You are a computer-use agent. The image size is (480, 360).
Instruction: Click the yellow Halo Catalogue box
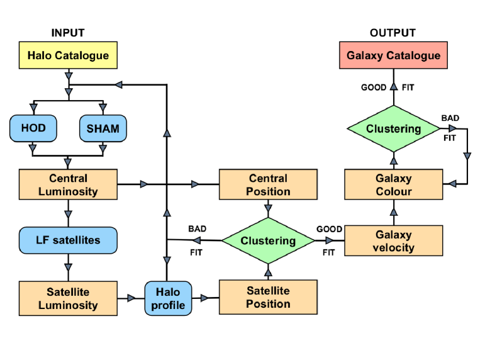tap(68, 55)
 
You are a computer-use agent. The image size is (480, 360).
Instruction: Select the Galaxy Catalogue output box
tap(393, 55)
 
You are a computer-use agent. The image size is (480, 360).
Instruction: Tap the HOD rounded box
tap(33, 128)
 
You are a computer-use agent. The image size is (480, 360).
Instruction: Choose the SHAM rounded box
tap(103, 128)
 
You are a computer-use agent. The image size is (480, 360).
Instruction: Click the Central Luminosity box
tap(68, 184)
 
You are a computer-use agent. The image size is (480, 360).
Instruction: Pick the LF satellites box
tap(68, 240)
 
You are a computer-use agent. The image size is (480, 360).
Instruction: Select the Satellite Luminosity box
tap(68, 298)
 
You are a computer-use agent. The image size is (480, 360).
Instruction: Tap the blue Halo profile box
tap(168, 298)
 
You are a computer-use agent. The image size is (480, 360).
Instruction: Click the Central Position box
tap(268, 184)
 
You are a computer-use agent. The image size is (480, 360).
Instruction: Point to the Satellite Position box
tap(268, 297)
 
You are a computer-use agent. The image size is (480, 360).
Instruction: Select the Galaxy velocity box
tap(393, 240)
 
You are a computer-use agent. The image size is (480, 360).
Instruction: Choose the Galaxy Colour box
tap(393, 184)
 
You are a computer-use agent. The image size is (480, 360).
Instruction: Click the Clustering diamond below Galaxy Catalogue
tap(393, 128)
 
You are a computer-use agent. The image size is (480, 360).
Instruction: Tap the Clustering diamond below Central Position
tap(268, 240)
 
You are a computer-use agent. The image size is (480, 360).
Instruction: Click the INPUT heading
tap(68, 33)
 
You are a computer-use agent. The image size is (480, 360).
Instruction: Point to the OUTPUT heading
tap(393, 33)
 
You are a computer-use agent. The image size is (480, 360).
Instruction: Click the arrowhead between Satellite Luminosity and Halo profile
tap(131, 298)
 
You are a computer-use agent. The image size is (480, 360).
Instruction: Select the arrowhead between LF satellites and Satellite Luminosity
tap(69, 267)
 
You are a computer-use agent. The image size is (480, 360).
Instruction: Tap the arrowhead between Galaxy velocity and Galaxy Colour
tap(394, 211)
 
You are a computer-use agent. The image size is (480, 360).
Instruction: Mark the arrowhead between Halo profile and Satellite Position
tap(204, 298)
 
